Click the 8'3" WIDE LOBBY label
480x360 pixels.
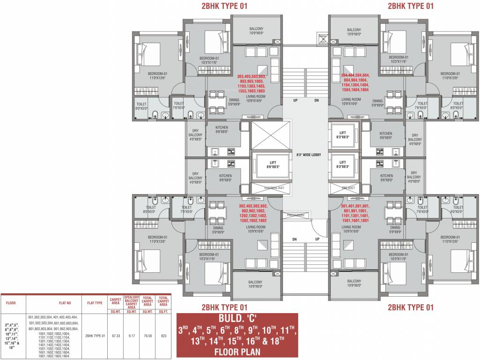[x=308, y=155]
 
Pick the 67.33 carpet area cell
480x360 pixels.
[x=115, y=336]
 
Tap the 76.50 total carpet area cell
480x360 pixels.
[x=147, y=336]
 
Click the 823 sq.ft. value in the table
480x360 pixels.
[x=163, y=336]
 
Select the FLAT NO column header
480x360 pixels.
[x=53, y=303]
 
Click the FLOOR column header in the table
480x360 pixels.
[x=11, y=303]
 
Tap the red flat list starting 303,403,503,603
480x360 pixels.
[x=251, y=84]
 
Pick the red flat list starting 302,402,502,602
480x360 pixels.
[x=253, y=213]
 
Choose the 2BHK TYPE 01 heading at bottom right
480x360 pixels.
[x=410, y=307]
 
